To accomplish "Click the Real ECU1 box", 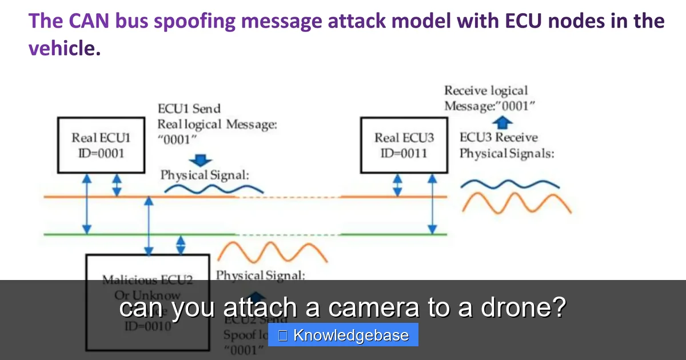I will coord(101,145).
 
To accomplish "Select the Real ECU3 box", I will coord(404,145).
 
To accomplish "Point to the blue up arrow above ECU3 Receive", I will coord(502,121).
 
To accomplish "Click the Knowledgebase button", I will coord(344,335).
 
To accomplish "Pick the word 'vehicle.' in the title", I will coord(65,48).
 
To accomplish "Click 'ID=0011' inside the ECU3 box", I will coord(404,153).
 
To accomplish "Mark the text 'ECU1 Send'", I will coord(189,109).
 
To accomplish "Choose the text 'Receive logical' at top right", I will coord(486,90).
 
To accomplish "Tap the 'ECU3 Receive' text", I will coord(498,138).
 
